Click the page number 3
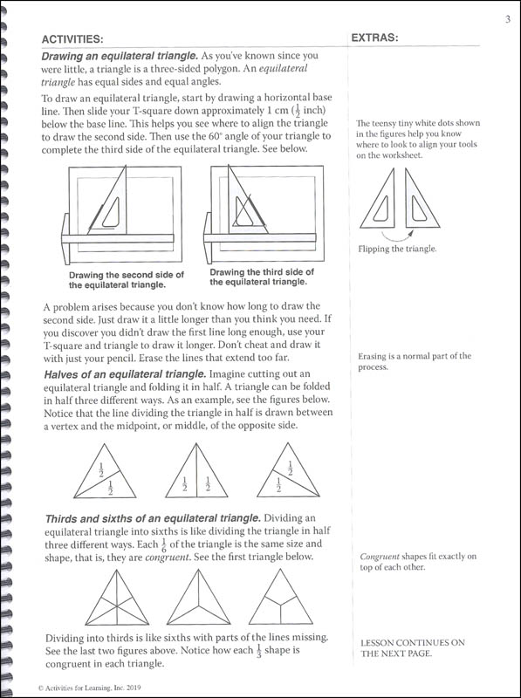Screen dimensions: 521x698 [508, 19]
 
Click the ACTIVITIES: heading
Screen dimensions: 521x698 [72, 39]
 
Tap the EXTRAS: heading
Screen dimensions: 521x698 [374, 38]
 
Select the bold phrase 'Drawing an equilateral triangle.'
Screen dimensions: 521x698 [120, 57]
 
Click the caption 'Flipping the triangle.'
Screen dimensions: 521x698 [397, 249]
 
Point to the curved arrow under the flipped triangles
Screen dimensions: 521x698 [396, 234]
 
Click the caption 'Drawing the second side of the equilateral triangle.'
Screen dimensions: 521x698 [127, 280]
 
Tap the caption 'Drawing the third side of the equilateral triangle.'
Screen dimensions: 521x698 [262, 277]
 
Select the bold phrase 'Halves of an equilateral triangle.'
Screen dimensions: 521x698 [125, 374]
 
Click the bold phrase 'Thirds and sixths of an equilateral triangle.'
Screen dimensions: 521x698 [153, 518]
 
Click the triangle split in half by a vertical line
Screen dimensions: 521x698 [196, 470]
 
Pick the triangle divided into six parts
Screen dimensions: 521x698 [117, 598]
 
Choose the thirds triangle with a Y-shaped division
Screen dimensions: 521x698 [280, 597]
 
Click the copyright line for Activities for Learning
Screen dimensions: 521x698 [90, 688]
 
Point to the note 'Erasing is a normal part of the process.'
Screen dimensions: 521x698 [415, 361]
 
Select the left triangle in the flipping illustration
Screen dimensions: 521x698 [378, 199]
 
